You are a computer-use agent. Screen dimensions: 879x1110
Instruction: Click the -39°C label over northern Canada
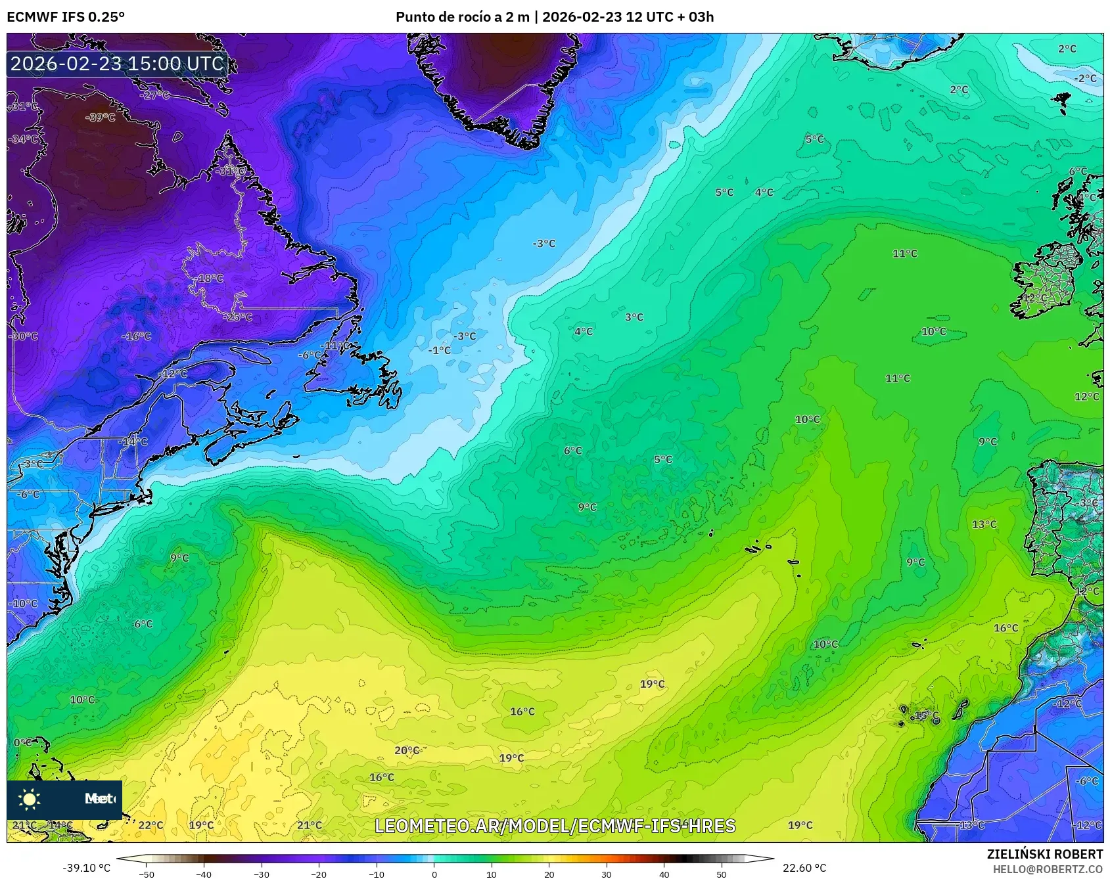click(101, 118)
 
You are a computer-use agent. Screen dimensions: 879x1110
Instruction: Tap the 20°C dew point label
click(406, 750)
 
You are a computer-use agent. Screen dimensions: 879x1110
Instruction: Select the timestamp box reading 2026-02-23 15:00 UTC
click(118, 64)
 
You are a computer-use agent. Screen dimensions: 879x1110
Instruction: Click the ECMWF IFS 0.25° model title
click(66, 17)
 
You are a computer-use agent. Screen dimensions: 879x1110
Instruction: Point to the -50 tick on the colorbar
click(147, 874)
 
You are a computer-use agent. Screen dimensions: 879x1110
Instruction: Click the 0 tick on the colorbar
click(434, 874)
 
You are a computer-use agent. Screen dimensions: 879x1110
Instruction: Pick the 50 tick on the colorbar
click(721, 874)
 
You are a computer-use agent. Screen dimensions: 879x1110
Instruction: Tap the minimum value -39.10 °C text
click(86, 868)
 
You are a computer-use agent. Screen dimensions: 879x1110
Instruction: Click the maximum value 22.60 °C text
click(804, 868)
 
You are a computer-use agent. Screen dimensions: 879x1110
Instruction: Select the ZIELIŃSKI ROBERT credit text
click(1044, 854)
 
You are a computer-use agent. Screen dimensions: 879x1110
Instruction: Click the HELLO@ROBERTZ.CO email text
click(1048, 869)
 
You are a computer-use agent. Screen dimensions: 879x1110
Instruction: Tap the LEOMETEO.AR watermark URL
click(555, 826)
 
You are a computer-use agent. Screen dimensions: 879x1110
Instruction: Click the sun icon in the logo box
click(30, 799)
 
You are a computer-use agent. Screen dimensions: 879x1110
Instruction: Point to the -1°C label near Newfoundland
click(440, 350)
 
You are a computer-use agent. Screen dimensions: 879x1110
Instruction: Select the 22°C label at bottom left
click(150, 825)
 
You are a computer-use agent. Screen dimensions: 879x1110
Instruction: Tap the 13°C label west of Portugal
click(984, 524)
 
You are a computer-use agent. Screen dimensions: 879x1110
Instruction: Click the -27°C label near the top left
click(155, 95)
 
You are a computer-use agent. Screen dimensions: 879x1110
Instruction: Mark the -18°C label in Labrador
click(209, 278)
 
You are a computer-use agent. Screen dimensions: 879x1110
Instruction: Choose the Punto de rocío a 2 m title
click(554, 17)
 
